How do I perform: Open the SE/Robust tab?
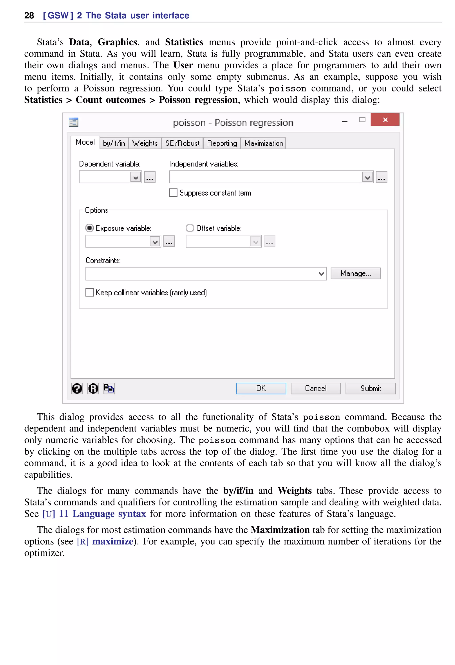tap(182, 143)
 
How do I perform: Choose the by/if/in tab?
tap(114, 143)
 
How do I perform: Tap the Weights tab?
tap(145, 143)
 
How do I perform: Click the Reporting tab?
tap(222, 143)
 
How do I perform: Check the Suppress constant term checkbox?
tap(173, 193)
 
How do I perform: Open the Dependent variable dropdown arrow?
tap(136, 177)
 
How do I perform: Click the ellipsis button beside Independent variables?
tap(381, 177)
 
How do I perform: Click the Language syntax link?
tap(109, 514)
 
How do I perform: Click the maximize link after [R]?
tap(113, 541)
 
